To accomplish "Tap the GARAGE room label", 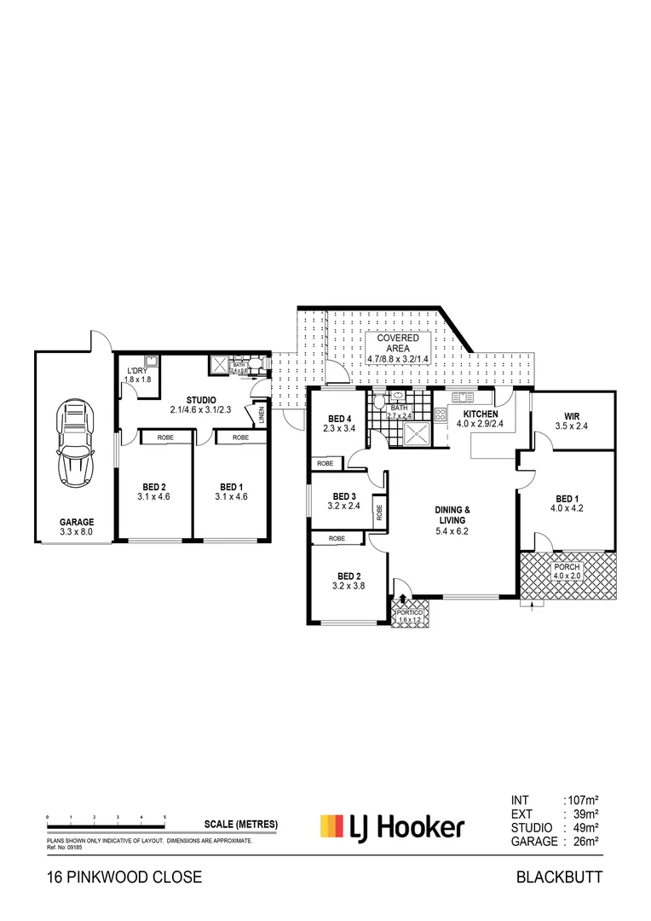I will pos(77,522).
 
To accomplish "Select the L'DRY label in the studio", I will pos(138,371).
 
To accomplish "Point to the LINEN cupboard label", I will pos(260,415).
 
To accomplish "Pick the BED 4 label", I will pos(338,418).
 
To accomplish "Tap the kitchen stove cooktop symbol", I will pos(441,415).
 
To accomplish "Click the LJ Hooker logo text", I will pos(407,825).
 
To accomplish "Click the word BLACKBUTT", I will pos(559,877).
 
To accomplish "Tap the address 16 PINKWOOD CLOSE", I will pos(124,877).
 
